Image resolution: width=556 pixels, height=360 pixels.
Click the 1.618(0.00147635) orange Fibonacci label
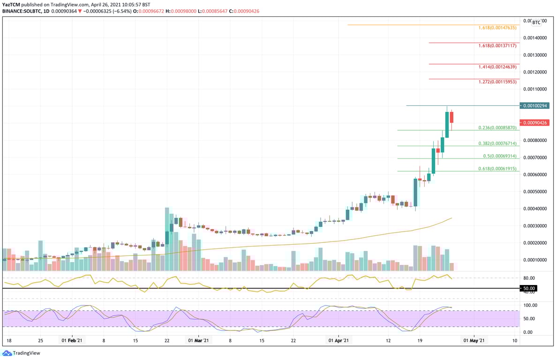coord(497,28)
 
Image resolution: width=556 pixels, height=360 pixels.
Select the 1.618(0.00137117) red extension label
coord(497,46)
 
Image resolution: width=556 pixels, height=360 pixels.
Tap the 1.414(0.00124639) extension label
coord(497,67)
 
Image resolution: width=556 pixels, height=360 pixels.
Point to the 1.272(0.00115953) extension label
coord(497,82)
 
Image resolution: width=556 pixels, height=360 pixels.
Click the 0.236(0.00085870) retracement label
coord(497,127)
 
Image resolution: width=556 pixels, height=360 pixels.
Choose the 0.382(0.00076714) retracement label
coord(497,143)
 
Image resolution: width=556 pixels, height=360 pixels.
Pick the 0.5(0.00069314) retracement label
coord(500,156)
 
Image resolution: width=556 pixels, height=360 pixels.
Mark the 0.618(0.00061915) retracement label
coord(497,169)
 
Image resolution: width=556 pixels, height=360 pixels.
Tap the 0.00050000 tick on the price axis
coord(535,192)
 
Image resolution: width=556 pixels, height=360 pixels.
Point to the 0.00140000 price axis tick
coord(535,38)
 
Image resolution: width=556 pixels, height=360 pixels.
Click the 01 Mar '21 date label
coord(199,341)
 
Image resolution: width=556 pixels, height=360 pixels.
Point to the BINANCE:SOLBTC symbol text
coord(21,11)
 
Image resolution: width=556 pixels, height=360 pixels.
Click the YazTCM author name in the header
coord(11,4)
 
